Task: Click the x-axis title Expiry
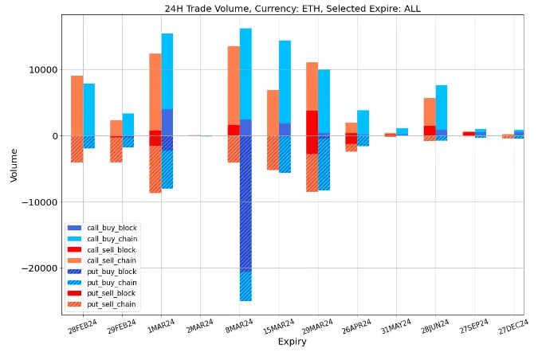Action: tap(291, 342)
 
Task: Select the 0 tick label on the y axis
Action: tap(54, 136)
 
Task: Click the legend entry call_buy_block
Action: tap(112, 229)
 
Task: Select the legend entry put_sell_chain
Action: tap(112, 303)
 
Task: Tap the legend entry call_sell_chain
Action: tap(112, 260)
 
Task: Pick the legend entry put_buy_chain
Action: tap(112, 282)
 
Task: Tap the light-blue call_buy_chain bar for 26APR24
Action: tap(363, 123)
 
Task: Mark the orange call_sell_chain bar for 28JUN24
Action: tap(430, 112)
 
